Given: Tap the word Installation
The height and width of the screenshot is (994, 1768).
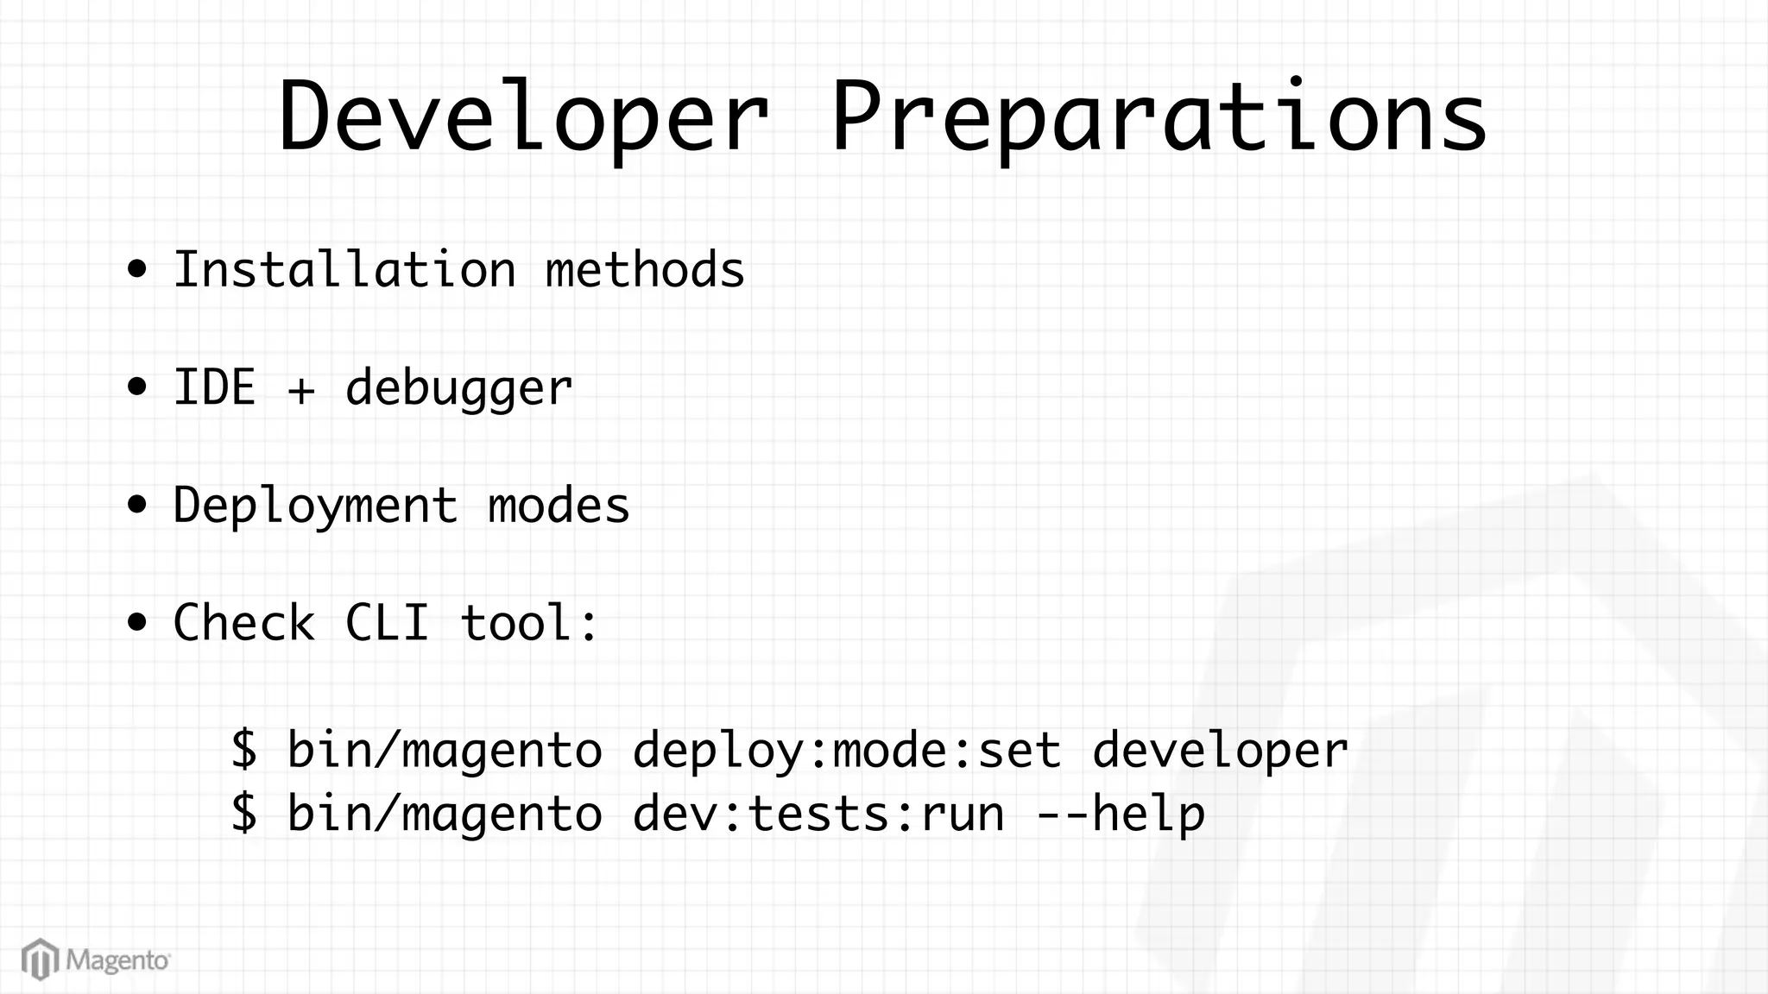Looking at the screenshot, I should click(x=344, y=269).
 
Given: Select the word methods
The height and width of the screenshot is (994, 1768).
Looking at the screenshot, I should click(x=645, y=269).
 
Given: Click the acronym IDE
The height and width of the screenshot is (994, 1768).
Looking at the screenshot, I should click(x=214, y=387).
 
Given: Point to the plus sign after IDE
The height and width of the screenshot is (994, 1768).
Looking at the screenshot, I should click(x=301, y=390).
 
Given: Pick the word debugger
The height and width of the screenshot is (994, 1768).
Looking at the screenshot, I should click(x=458, y=388).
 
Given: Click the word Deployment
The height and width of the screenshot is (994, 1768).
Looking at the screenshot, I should click(x=315, y=506).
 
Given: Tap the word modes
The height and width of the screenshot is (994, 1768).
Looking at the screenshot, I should click(x=559, y=505).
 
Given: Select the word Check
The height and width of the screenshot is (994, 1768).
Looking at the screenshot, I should click(x=244, y=622).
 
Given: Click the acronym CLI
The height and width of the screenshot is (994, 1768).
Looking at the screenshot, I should click(x=387, y=622).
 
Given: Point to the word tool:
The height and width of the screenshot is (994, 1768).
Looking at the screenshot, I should click(x=529, y=622).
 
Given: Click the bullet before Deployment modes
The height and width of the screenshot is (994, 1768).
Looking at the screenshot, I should click(x=136, y=505).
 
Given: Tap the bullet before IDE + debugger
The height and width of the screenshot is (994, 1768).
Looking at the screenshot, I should click(x=136, y=387).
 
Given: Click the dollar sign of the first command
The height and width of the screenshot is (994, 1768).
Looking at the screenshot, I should click(x=244, y=748).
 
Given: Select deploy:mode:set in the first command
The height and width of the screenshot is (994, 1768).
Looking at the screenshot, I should click(x=846, y=749).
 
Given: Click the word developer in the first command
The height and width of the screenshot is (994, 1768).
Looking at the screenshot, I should click(x=1220, y=749).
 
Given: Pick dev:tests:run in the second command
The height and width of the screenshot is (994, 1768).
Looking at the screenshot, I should click(x=818, y=814).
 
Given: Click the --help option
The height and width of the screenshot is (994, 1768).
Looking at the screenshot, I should click(x=1120, y=814).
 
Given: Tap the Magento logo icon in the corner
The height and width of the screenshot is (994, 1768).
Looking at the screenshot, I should click(x=40, y=959).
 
